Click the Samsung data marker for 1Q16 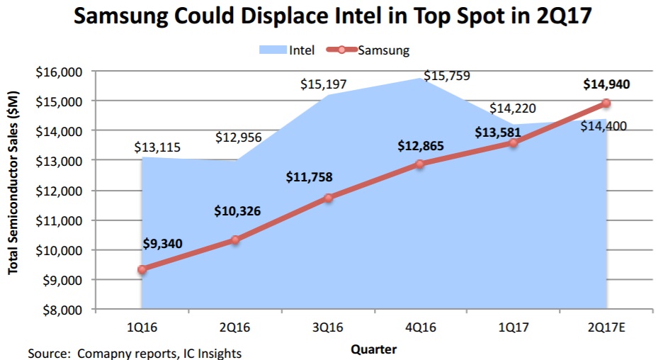click(x=143, y=269)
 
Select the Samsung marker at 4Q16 click(x=420, y=164)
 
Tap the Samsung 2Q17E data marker click(x=606, y=103)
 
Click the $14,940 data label click(x=606, y=84)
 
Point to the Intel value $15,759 click(x=446, y=75)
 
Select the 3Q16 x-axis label click(x=328, y=326)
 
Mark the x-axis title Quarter click(x=374, y=349)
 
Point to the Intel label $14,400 click(x=603, y=126)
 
